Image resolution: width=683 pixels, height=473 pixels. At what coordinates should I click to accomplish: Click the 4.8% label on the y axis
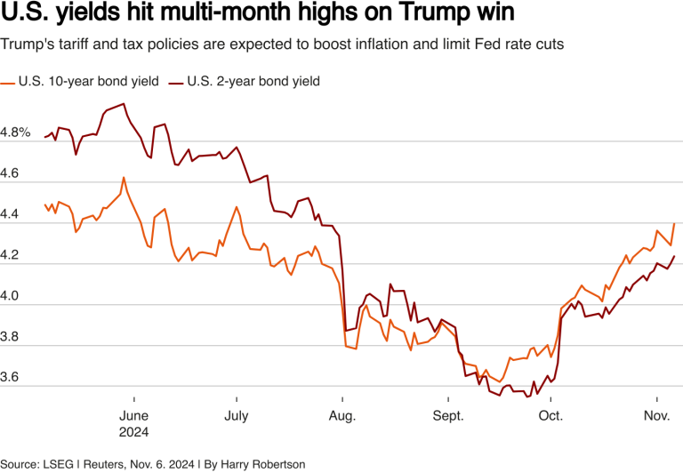(x=16, y=132)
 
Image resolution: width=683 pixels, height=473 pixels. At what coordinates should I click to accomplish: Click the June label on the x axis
(x=133, y=415)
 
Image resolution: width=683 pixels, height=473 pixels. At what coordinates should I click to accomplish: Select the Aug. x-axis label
(x=342, y=415)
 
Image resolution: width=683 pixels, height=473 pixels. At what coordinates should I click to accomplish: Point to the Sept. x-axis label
(x=447, y=415)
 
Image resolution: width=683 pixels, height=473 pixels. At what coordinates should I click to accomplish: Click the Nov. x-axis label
(x=656, y=415)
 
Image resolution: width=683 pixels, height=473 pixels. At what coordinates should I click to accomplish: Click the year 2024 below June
(x=133, y=432)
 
